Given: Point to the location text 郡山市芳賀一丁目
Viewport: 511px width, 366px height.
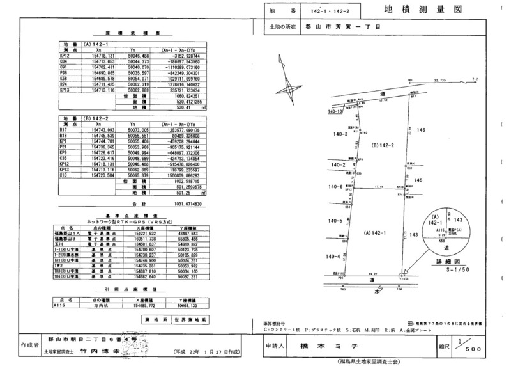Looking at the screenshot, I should pos(339,29).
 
